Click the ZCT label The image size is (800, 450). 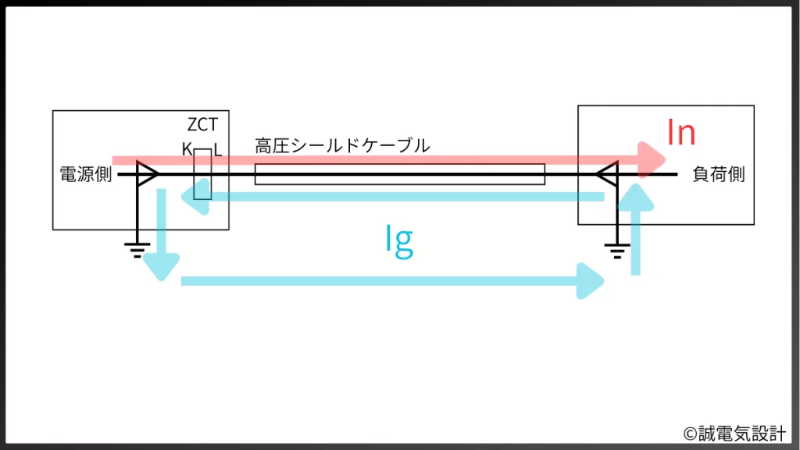(202, 125)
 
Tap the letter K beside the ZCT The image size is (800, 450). (187, 148)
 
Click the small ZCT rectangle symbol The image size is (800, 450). (202, 173)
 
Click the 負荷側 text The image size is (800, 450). (719, 174)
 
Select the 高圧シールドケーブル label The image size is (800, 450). (342, 146)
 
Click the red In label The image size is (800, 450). (680, 133)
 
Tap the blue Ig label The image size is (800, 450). (399, 241)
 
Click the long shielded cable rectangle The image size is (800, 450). (399, 174)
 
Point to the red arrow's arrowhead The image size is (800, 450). (652, 160)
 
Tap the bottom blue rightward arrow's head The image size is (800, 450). (592, 280)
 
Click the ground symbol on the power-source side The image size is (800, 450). (137, 249)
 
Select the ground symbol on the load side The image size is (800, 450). (617, 249)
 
